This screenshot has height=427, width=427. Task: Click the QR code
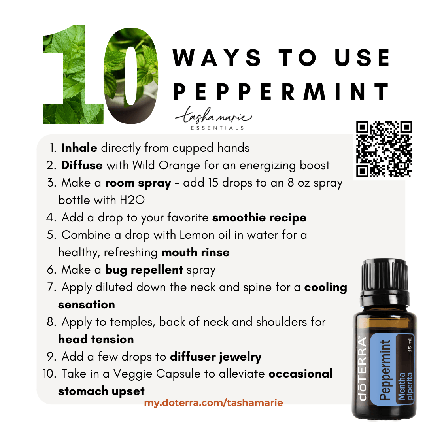pos(384,149)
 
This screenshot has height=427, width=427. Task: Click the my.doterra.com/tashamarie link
pos(213,402)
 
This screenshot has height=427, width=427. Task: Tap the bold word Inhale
pos(79,148)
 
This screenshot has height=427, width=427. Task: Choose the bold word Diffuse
pos(82,165)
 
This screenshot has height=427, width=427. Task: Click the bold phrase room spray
pos(138,183)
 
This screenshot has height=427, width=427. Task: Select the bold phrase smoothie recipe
pos(259,218)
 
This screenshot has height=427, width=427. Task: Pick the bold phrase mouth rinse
pos(196,252)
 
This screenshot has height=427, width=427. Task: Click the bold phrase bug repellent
pos(144,270)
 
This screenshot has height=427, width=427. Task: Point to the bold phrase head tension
pos(96,339)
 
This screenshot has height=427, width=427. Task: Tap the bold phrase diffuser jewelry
pos(216,357)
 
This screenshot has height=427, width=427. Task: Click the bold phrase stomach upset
pos(101,391)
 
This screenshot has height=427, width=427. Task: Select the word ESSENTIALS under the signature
pos(217,128)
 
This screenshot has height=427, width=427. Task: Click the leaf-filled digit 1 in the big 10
pos(72,74)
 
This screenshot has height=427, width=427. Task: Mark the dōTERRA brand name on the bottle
pos(363,369)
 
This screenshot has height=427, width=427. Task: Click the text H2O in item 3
pos(132,200)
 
